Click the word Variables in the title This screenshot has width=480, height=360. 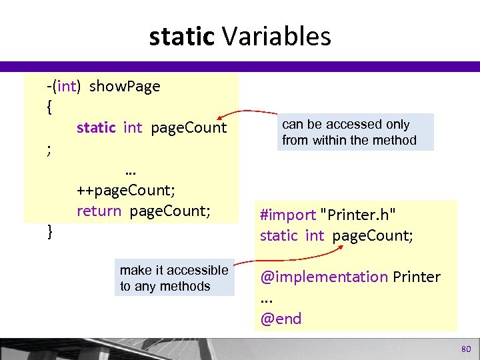[277, 37]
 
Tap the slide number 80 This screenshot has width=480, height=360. [465, 349]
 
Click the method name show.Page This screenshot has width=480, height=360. [125, 86]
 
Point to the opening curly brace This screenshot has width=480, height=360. [51, 107]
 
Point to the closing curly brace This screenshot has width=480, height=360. [51, 231]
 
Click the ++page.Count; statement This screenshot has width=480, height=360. [126, 190]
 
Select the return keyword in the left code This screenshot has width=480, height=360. [99, 211]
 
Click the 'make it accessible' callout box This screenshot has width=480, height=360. [175, 278]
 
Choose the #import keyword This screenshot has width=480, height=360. [288, 215]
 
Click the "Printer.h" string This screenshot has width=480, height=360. [359, 215]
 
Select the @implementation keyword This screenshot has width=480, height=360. [323, 276]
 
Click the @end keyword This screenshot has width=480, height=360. [281, 319]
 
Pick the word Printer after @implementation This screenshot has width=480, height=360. [417, 276]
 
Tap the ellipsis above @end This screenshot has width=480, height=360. [267, 299]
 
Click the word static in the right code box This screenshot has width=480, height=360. [279, 235]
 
